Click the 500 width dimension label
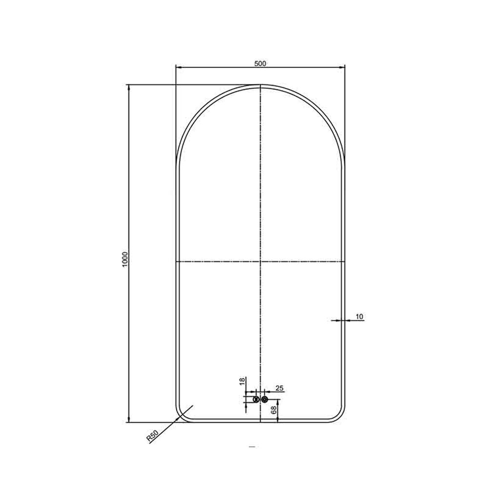click(260, 63)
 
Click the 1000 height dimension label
click(125, 260)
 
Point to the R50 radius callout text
click(153, 436)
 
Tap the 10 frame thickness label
click(359, 317)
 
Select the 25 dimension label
click(280, 388)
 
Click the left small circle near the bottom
click(256, 399)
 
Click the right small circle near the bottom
click(264, 399)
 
